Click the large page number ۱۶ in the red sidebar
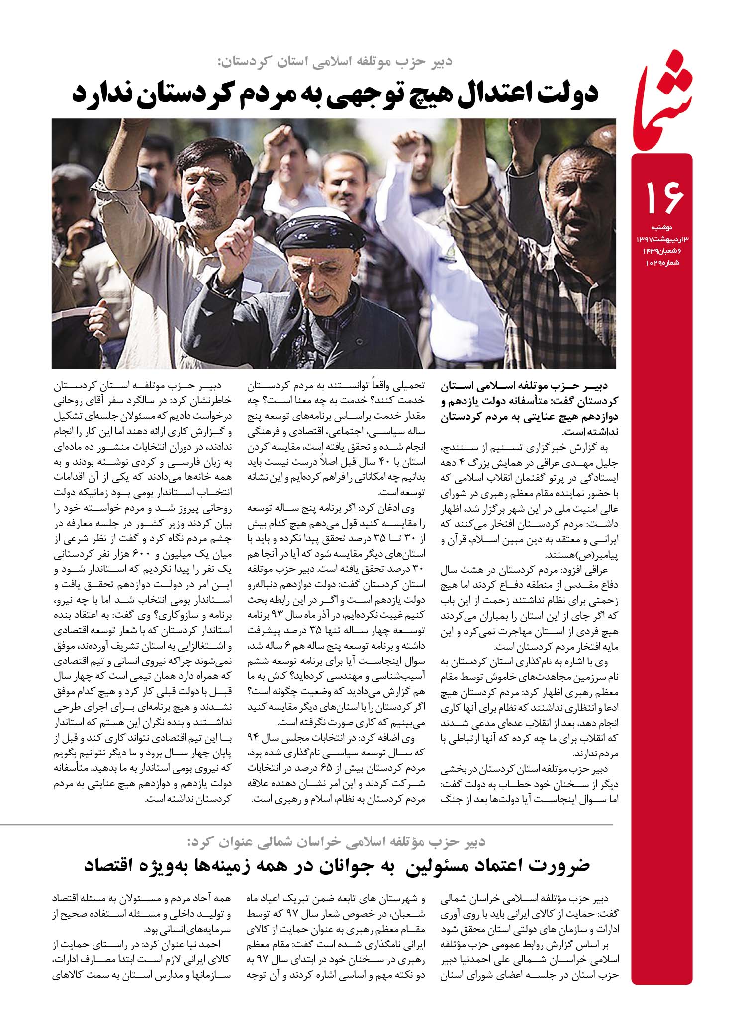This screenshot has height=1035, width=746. click(x=665, y=197)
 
